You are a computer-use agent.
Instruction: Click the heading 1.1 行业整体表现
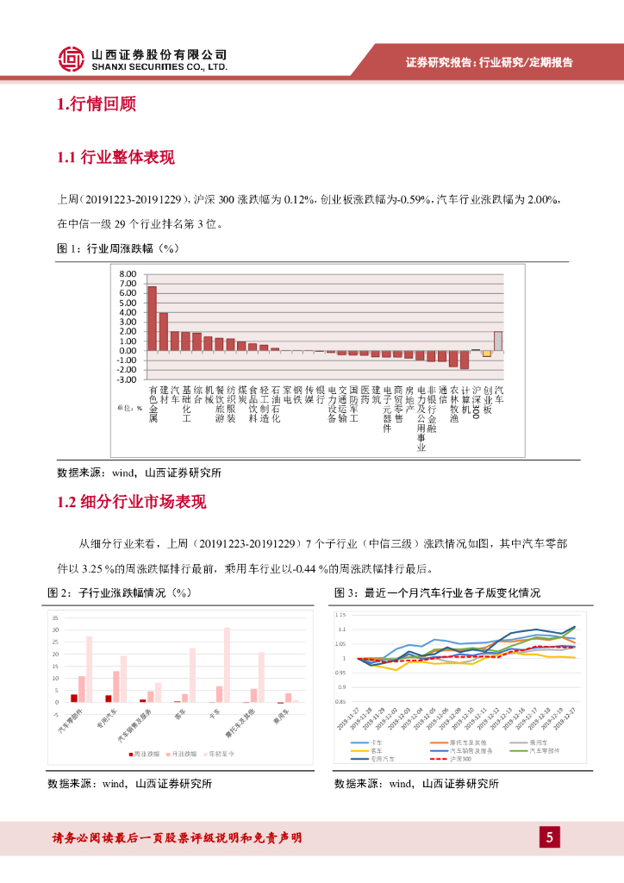(115, 157)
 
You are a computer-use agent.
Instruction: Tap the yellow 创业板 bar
(487, 353)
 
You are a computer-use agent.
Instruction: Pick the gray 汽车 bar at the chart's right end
(497, 341)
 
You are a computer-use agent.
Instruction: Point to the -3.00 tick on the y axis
(128, 379)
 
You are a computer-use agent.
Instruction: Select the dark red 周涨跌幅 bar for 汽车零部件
(74, 698)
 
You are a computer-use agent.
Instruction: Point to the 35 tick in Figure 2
(55, 618)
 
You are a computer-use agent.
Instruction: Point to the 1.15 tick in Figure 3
(340, 615)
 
